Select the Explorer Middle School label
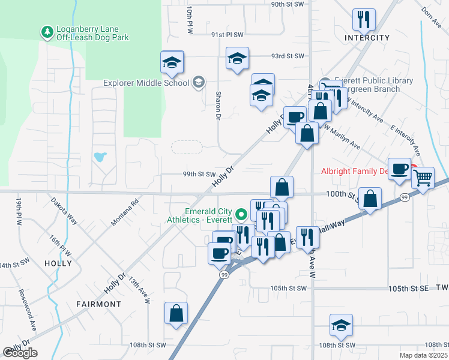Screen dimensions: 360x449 (146, 83)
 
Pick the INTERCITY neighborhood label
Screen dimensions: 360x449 (367, 38)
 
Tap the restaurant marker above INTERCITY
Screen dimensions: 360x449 (364, 20)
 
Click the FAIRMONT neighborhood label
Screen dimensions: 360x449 (98, 304)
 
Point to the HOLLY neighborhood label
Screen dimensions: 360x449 (58, 263)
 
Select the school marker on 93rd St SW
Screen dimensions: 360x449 (238, 59)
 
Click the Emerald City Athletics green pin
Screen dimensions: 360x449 (241, 214)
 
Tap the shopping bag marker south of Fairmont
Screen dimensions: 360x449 (176, 313)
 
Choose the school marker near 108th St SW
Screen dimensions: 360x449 (342, 326)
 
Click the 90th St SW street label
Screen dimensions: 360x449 (288, 4)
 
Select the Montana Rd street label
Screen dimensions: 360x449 (125, 212)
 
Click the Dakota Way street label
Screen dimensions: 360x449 (64, 211)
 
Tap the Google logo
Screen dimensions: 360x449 (20, 353)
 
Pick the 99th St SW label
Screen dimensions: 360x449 (199, 174)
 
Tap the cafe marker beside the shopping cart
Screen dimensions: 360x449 (399, 169)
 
